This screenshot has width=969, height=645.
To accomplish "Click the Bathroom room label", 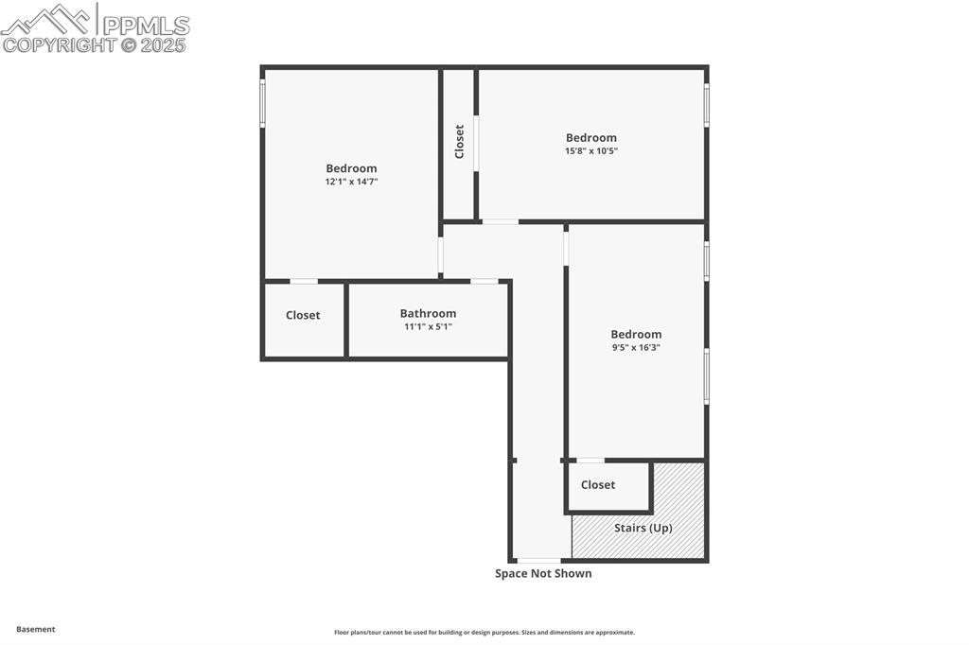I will pos(428,313).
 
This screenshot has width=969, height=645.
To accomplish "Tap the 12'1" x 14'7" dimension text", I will pos(351,182).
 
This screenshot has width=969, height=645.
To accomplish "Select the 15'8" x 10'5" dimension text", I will pos(591,150).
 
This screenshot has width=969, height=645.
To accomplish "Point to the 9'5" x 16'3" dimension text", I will pos(636,347).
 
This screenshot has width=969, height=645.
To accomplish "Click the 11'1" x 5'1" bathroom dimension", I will pos(428,326).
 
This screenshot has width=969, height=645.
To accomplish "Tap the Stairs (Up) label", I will pos(643,528).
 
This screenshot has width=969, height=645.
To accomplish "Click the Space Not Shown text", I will pos(543,573).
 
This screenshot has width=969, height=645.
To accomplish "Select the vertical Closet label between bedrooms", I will pos(460,142).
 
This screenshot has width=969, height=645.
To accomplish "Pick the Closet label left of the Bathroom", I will pos(303,315).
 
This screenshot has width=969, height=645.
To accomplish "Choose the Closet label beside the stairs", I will pos(598,484).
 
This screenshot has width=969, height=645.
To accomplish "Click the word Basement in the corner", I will pos(36,629).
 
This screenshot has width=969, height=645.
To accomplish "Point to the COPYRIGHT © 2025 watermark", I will pos(95,44).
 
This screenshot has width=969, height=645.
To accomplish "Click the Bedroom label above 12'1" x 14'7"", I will pos(351,168).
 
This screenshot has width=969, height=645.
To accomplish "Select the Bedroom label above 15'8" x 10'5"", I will pos(591,137).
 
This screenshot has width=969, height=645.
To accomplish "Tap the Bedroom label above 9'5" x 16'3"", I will pos(636,334).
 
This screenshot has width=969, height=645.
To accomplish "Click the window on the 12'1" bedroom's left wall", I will pos(263,103).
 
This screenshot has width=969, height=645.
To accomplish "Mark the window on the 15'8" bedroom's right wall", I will pos(706,104).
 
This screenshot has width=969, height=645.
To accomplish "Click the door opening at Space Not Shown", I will pos(538,561).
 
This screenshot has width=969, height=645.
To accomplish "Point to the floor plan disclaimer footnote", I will pos(484,633).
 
